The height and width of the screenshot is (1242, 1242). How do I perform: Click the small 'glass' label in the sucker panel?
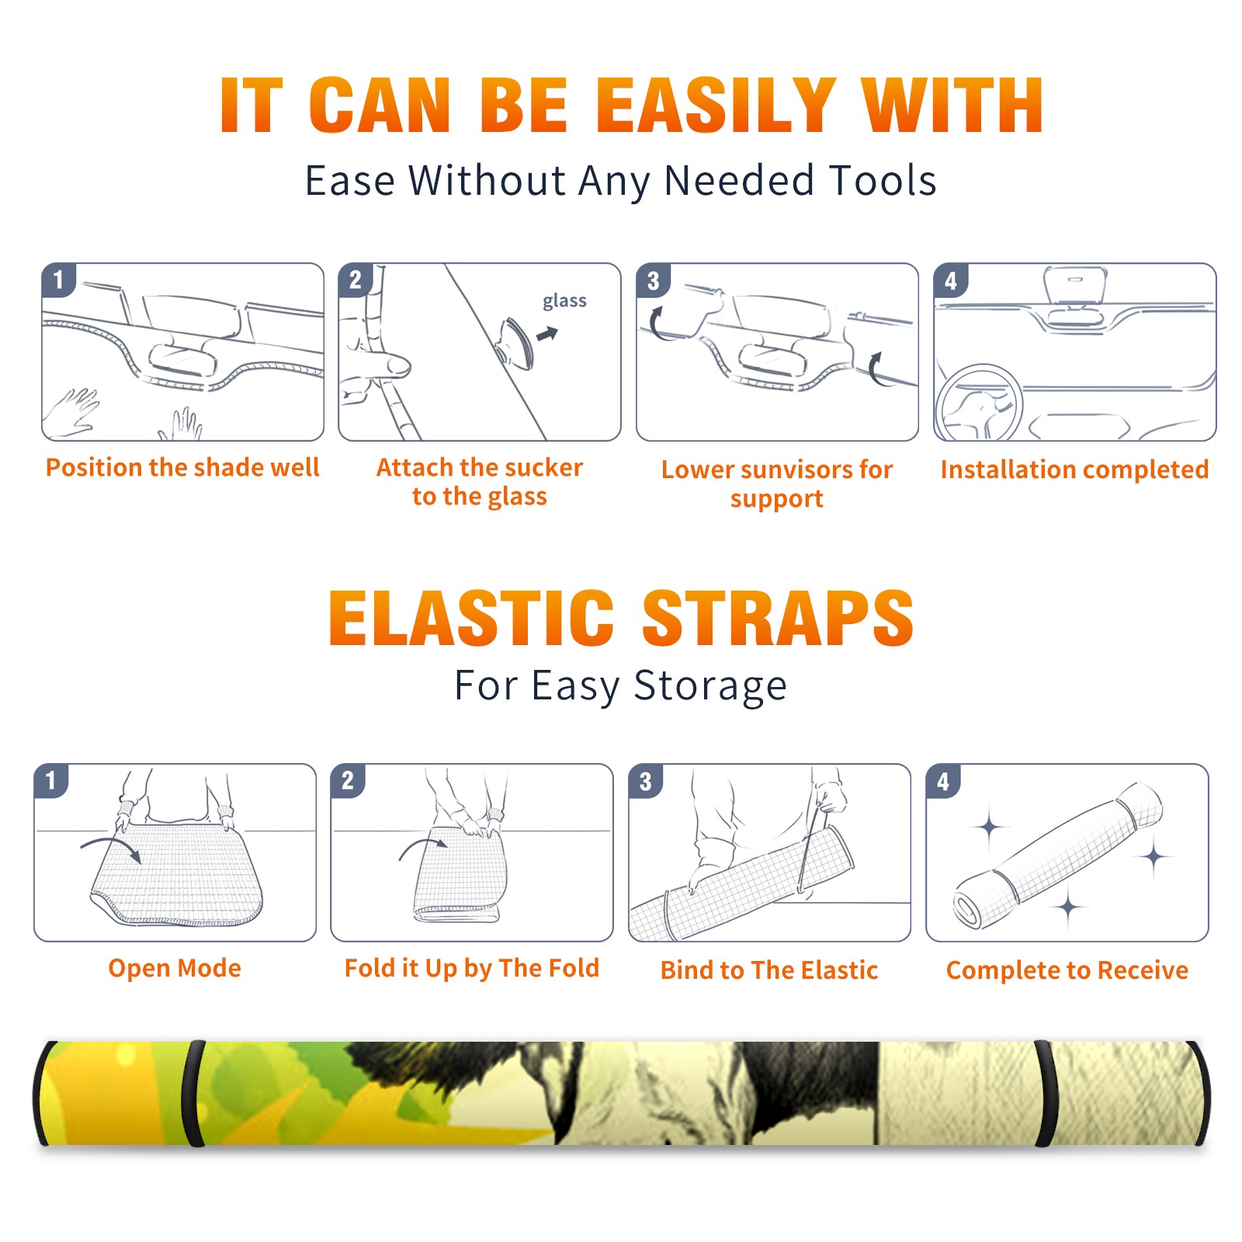click(564, 301)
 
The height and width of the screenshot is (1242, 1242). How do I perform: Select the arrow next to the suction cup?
click(547, 334)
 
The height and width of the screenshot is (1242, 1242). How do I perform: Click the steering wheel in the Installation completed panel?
click(979, 403)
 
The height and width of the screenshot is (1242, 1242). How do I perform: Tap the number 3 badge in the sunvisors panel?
click(653, 281)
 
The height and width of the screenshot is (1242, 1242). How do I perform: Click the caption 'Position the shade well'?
click(182, 467)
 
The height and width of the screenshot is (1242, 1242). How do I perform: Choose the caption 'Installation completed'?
click(1074, 469)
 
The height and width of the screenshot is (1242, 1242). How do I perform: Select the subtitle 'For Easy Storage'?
click(620, 685)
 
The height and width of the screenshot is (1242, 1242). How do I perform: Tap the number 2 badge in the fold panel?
click(348, 781)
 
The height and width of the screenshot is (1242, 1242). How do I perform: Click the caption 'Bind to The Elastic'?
click(769, 970)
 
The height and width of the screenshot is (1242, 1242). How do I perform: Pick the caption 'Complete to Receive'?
click(1067, 970)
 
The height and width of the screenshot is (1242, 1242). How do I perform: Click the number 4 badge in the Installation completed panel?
click(951, 281)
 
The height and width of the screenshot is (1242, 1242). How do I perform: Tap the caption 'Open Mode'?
click(175, 969)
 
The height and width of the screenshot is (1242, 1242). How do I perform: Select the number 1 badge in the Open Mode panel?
click(51, 781)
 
